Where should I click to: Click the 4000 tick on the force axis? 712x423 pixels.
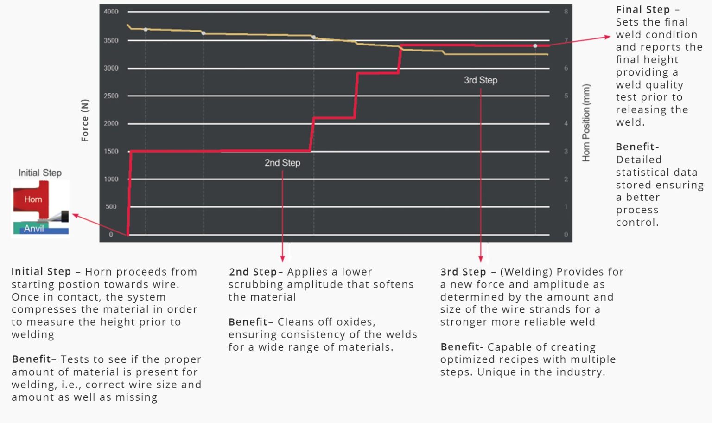[x=111, y=12]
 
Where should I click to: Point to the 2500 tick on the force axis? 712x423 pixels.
[x=111, y=96]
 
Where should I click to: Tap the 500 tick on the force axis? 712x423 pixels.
[x=111, y=207]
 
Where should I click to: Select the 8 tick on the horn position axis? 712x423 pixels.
[x=566, y=12]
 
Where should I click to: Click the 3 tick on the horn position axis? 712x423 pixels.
[x=566, y=151]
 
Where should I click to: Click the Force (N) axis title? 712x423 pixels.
[x=85, y=121]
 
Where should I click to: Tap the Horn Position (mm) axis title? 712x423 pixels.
[x=586, y=123]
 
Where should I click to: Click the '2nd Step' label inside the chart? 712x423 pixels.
[x=282, y=163]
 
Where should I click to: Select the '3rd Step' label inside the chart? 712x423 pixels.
[x=481, y=80]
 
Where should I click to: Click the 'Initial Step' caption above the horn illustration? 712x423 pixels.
[x=40, y=173]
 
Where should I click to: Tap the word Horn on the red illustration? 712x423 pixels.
[x=33, y=199]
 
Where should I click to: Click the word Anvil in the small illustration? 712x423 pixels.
[x=34, y=229]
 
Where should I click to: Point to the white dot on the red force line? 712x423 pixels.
[x=535, y=46]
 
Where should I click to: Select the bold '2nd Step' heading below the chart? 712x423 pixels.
[x=253, y=272]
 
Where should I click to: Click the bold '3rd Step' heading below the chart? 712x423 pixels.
[x=463, y=272]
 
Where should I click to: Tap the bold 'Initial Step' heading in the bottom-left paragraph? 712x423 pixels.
[x=41, y=272]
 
